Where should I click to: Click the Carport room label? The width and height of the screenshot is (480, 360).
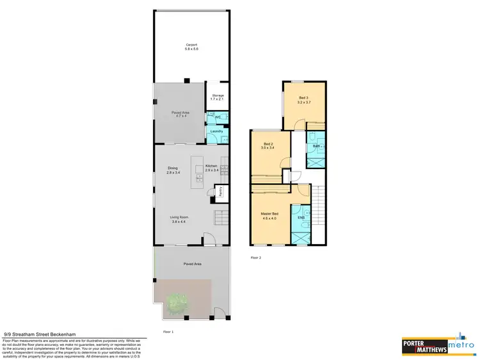tap(191, 47)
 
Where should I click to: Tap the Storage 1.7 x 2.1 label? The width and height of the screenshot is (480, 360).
tap(218, 97)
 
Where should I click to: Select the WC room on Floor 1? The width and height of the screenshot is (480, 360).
tap(218, 117)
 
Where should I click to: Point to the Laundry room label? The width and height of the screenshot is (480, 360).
tap(216, 131)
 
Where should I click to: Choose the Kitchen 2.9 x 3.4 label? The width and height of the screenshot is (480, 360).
tap(212, 168)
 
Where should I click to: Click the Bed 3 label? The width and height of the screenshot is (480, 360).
tap(303, 100)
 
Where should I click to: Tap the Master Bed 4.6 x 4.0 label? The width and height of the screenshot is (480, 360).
tap(269, 216)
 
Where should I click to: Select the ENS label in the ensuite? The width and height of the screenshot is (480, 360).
tap(300, 218)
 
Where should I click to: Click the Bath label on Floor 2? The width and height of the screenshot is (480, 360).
tap(316, 146)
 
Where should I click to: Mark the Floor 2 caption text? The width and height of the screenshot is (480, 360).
tap(255, 258)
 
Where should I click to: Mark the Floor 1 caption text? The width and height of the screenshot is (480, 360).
tap(168, 332)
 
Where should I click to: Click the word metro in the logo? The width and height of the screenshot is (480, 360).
tap(460, 347)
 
